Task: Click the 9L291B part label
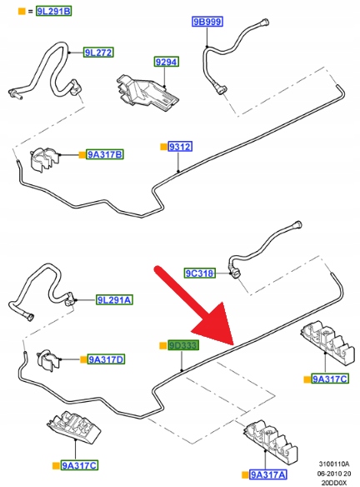tap(53, 11)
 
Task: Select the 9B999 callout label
tap(207, 22)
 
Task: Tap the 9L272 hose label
tap(98, 53)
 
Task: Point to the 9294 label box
tap(167, 62)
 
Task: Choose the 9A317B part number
tap(105, 154)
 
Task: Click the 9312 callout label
tap(180, 146)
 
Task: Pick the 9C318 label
tap(199, 274)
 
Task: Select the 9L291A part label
tap(114, 299)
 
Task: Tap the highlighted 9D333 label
tap(183, 345)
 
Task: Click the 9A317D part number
tap(106, 359)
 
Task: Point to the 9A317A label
tap(268, 474)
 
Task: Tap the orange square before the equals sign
tap(22, 12)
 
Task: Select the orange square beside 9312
tap(163, 147)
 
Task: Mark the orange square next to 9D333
tap(163, 345)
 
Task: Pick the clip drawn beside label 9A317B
tap(44, 159)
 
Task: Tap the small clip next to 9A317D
tap(48, 359)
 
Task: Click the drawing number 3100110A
tap(334, 464)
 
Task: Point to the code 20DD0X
tap(334, 483)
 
